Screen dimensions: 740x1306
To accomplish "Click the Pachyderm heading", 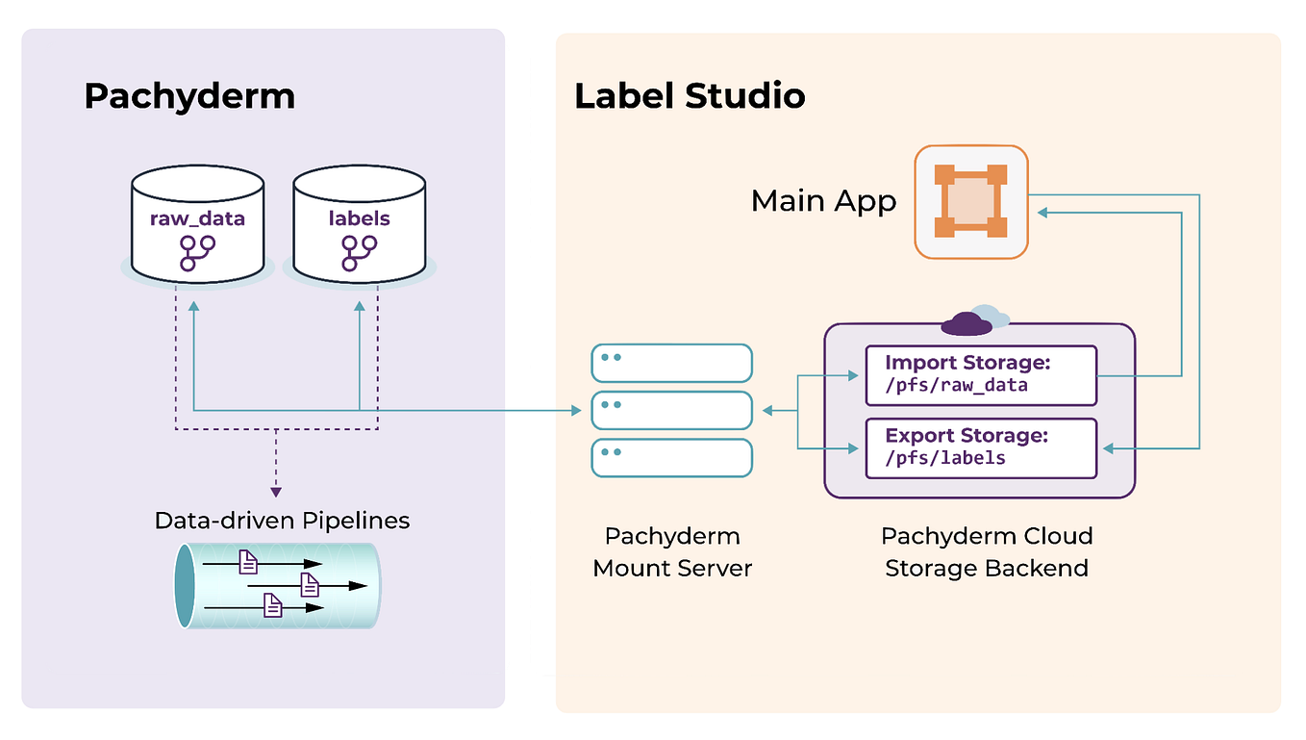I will (189, 96).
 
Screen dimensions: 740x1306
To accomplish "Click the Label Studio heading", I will (690, 96).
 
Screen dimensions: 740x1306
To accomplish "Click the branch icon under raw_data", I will (197, 252).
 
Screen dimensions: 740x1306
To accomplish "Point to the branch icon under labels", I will (359, 252).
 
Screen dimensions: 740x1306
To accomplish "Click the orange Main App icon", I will (970, 202).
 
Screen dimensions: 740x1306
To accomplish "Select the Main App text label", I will (823, 201).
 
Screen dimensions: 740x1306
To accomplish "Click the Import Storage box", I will (981, 375).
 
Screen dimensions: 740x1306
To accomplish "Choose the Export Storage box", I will (981, 447).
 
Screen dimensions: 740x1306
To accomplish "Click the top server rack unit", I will (671, 363).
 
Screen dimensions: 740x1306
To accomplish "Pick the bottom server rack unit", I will (671, 458).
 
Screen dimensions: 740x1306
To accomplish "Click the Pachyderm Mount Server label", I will (672, 551).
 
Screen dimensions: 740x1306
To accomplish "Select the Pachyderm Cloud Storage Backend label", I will (987, 551).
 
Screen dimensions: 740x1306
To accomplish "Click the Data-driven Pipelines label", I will (282, 521).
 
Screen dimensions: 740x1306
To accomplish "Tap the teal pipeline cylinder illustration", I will (277, 586).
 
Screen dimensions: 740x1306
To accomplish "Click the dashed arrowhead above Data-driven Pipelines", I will (276, 494).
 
